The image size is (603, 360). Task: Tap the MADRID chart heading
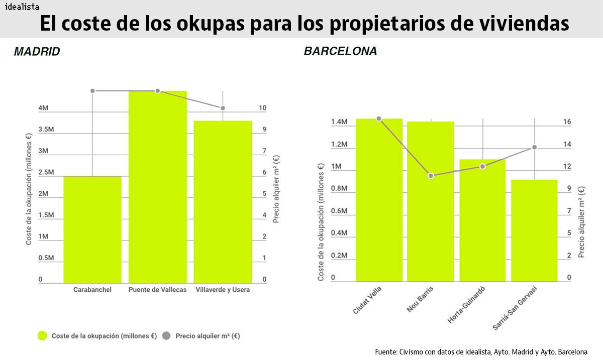[x=37, y=52]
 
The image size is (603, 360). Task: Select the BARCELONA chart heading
[x=340, y=52]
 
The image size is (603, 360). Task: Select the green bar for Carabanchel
[x=92, y=229]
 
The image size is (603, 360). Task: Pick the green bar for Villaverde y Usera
[x=223, y=201]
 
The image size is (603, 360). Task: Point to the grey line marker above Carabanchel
[x=92, y=91]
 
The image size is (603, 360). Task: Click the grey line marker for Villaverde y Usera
[x=223, y=108]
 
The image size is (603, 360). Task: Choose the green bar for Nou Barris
[x=431, y=201]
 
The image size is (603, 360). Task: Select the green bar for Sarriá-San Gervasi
[x=534, y=230]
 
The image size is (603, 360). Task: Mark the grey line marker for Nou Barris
[x=431, y=176]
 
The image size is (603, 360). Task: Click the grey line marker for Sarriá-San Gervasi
[x=534, y=147]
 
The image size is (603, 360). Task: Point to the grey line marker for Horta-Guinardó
[x=482, y=166]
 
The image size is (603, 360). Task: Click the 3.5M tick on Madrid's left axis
[x=46, y=130]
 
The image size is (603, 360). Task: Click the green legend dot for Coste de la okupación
[x=43, y=336]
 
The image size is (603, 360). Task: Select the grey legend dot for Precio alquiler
[x=166, y=336]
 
